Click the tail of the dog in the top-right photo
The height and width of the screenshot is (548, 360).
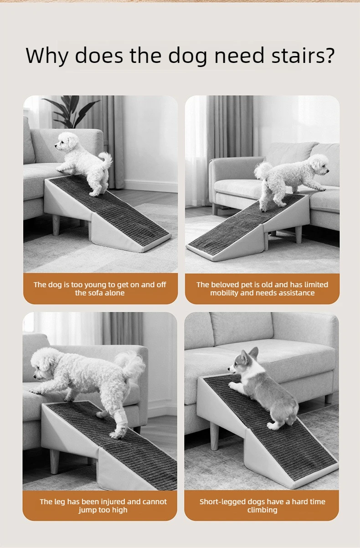[x=262, y=170]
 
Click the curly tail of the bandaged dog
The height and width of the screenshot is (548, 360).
[x=130, y=365]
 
